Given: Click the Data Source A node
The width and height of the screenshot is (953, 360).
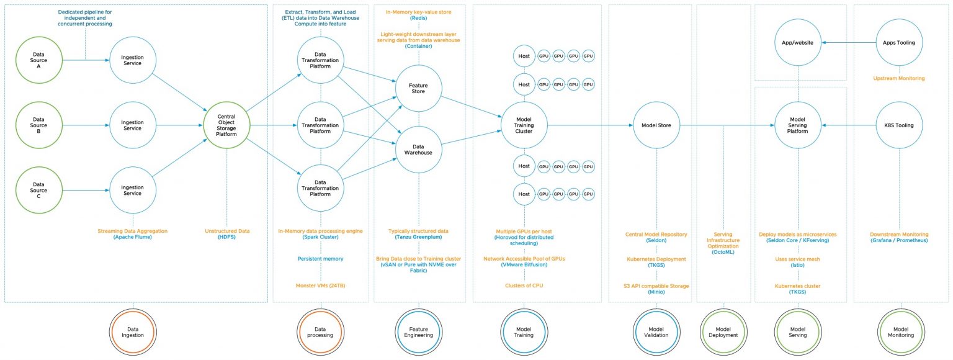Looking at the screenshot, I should (x=40, y=60).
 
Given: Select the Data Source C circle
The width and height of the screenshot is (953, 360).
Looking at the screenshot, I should (x=40, y=189).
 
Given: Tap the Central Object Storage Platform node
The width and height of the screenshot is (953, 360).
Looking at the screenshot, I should (x=226, y=124).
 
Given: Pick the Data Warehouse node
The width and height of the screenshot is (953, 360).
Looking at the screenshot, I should (x=418, y=149).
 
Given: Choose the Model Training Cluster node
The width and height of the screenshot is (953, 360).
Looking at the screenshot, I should (x=524, y=125).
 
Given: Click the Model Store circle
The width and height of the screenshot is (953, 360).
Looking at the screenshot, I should (x=656, y=125).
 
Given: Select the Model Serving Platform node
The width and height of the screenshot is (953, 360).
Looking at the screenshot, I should (x=798, y=125).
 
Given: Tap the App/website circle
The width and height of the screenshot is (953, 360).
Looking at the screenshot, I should (x=798, y=43).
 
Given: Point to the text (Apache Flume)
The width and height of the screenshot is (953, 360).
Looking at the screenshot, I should (x=132, y=238).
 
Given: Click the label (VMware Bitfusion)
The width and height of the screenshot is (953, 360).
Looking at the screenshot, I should (x=524, y=264).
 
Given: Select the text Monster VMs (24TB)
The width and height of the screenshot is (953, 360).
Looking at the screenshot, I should (x=320, y=286).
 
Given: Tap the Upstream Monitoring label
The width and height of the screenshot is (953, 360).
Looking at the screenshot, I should (x=898, y=79).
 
